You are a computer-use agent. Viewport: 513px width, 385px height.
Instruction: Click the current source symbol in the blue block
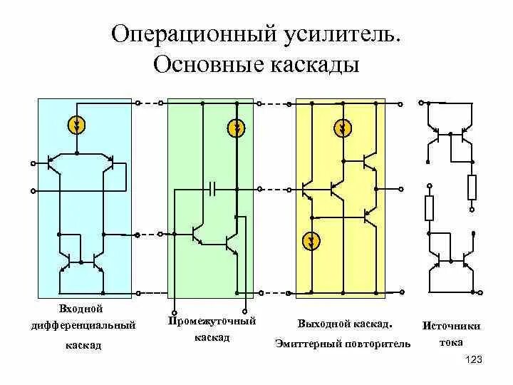tap(77, 126)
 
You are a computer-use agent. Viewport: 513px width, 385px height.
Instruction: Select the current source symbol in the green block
tap(237, 128)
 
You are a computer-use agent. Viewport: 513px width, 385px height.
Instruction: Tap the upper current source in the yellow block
tap(343, 128)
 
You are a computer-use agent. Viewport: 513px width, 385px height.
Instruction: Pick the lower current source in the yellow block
tap(311, 241)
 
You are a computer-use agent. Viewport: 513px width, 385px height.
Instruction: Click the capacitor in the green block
tap(214, 189)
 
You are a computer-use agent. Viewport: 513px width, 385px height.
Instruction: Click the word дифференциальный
tap(83, 326)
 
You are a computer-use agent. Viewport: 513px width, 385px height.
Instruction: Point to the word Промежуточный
tap(212, 321)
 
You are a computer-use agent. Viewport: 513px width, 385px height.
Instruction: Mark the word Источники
tap(451, 326)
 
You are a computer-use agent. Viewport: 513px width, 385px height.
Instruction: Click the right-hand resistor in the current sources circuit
tap(471, 188)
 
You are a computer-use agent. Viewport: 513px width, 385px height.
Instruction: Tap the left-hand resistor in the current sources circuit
tap(429, 208)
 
